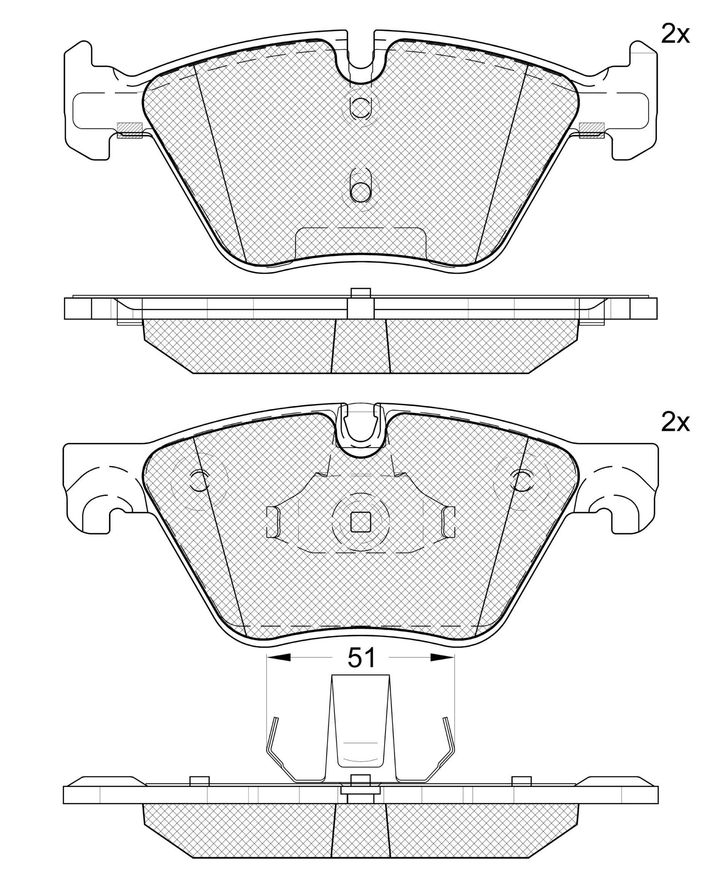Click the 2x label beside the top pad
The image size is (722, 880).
pyautogui.click(x=675, y=35)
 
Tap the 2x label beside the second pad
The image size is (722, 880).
pyautogui.click(x=675, y=423)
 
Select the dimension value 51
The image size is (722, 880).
pyautogui.click(x=361, y=658)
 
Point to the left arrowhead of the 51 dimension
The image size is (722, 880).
pyautogui.click(x=279, y=658)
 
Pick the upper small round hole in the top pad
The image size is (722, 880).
pyautogui.click(x=360, y=108)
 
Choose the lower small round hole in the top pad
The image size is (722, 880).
pyautogui.click(x=360, y=192)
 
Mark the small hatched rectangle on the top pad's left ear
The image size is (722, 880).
pyautogui.click(x=130, y=130)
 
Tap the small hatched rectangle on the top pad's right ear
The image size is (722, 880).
pyautogui.click(x=591, y=130)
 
